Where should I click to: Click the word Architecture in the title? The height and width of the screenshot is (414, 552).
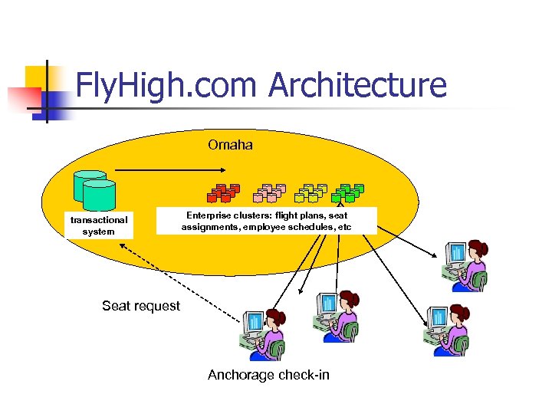[357, 85]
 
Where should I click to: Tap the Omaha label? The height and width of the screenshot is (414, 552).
[230, 144]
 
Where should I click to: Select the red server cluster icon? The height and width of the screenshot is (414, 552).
[223, 192]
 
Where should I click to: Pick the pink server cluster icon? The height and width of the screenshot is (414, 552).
[268, 192]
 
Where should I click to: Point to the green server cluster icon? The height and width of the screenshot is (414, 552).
[350, 192]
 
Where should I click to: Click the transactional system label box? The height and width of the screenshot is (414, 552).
[99, 225]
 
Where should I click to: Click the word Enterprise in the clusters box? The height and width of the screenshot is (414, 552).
[210, 215]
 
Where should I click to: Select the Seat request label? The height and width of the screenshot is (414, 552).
[141, 306]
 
